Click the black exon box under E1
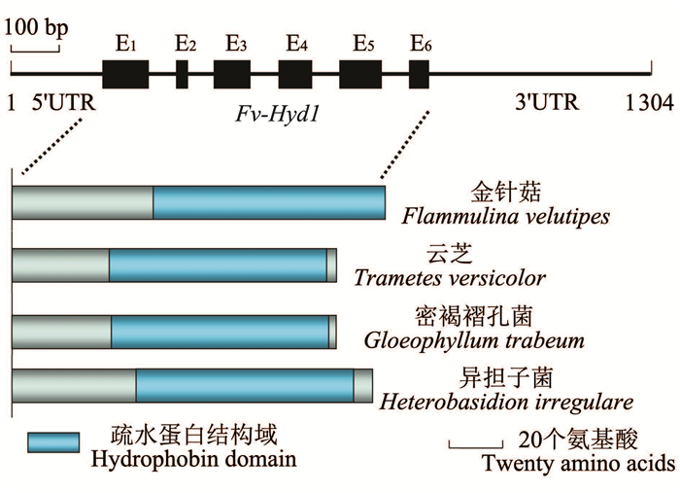[125, 75]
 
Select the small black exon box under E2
[182, 75]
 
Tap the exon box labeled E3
[232, 75]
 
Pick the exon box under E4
[294, 75]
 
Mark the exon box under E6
[419, 75]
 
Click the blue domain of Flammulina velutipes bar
[268, 203]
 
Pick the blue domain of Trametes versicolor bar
[218, 264]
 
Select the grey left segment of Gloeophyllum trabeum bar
[61, 330]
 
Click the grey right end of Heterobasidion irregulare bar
[362, 385]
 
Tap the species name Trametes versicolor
[449, 278]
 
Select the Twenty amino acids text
[578, 463]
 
